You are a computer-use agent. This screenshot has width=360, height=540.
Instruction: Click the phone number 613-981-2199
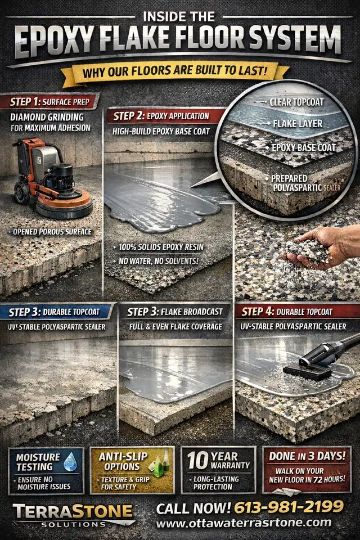289,507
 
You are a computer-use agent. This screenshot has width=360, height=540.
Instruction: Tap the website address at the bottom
244,523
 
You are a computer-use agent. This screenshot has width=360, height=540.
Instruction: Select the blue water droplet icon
71,462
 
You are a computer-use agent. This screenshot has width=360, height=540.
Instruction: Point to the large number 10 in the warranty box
198,461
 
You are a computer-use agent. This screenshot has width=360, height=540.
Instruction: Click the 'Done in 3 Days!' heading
307,456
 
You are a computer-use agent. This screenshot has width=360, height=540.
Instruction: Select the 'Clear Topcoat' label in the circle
296,102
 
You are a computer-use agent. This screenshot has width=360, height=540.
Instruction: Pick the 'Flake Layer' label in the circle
298,124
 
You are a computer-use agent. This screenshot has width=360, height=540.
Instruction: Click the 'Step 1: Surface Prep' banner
50,102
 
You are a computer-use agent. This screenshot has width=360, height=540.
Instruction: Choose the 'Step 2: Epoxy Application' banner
163,116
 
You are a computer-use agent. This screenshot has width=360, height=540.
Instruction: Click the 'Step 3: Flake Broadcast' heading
175,312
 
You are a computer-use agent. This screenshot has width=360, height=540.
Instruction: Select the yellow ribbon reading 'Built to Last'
175,71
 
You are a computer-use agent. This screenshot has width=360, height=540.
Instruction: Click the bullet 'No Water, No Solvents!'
159,262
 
